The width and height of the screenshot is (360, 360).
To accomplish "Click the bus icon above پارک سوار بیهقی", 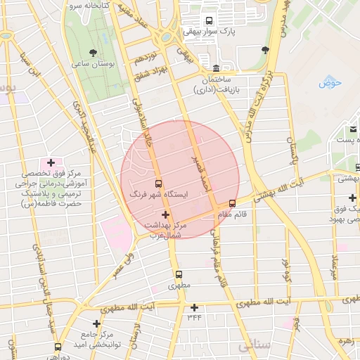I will [209, 21].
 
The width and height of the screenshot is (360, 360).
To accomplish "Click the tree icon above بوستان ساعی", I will [91, 52].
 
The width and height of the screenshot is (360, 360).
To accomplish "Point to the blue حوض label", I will [329, 83].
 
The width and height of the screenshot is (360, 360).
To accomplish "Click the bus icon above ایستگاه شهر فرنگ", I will [157, 181].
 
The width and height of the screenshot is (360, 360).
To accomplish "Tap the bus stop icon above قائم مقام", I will [232, 203].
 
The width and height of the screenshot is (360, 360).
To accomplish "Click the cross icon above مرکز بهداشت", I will [165, 214].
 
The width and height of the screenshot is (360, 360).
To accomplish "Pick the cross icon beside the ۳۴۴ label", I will [195, 307].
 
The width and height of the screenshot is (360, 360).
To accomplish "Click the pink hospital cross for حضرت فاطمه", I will [51, 162].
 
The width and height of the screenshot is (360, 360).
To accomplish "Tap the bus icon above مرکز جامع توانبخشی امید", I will [58, 345].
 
